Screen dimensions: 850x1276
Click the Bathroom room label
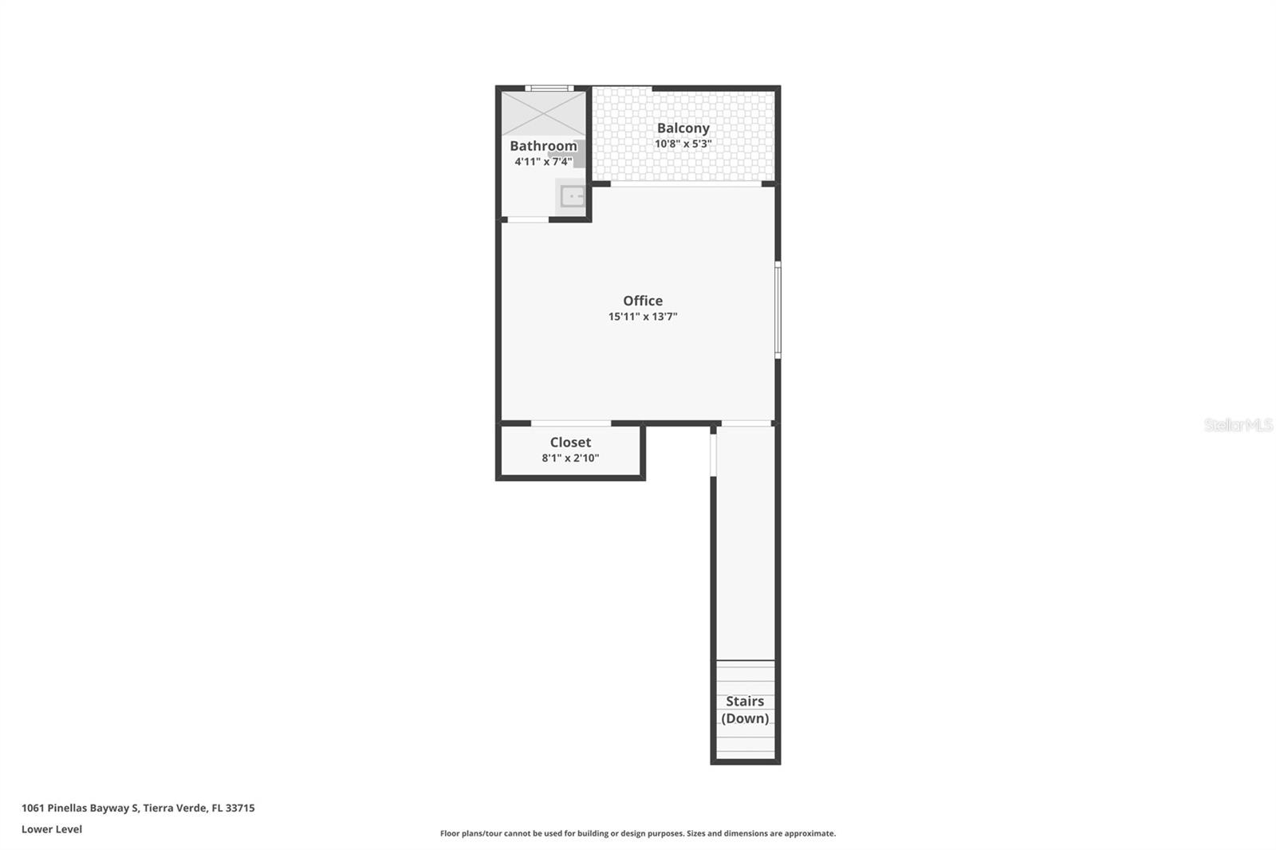point(543,146)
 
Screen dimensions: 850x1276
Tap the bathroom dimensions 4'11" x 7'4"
point(543,162)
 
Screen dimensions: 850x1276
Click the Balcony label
point(683,128)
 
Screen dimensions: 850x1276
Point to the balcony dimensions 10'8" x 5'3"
point(683,144)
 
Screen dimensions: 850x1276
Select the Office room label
point(643,301)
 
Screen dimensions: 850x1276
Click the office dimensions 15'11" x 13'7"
point(643,317)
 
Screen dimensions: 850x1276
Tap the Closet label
point(570,442)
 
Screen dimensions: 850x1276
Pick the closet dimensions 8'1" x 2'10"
point(570,458)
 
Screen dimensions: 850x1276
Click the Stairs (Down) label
point(745,710)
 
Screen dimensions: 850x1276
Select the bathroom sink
point(572,196)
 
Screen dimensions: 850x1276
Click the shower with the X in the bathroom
point(544,113)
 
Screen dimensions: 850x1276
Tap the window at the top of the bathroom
point(549,89)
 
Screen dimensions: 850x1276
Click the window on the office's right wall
point(778,309)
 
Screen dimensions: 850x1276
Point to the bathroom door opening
point(528,219)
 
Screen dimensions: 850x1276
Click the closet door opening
point(571,423)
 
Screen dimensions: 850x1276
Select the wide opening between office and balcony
point(686,184)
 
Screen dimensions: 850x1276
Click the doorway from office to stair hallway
point(746,423)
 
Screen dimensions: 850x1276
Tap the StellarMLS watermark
point(1238,425)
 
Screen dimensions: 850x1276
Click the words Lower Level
point(52,829)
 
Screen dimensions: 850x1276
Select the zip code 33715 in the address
point(240,808)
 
